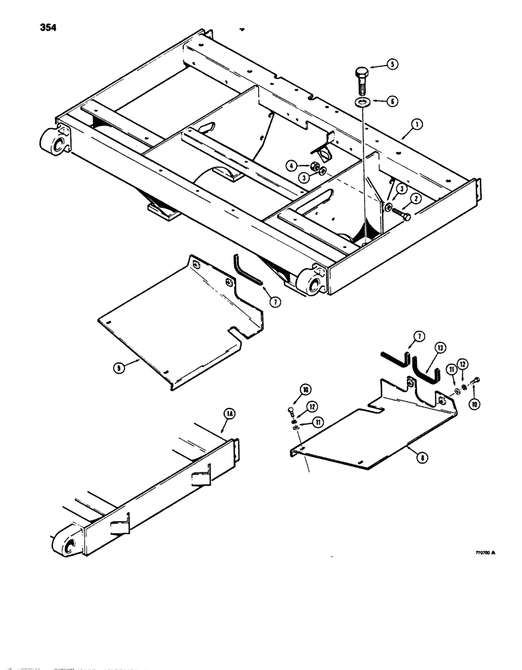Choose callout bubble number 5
393,66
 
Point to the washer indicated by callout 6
362,102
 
